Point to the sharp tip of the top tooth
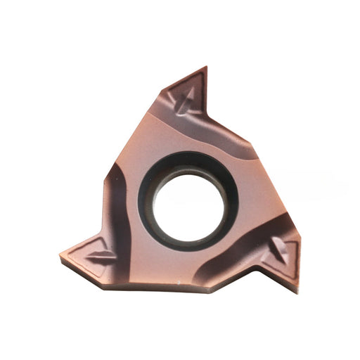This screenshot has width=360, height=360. [x=206, y=67]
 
